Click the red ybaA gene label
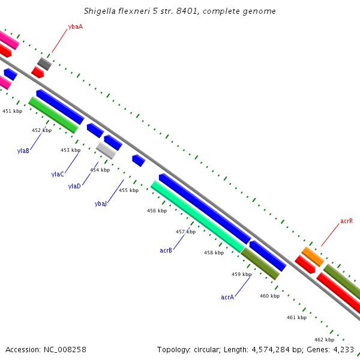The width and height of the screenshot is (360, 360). tap(76, 26)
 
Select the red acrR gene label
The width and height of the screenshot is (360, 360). tap(346, 221)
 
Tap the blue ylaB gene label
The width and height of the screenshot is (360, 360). tap(23, 151)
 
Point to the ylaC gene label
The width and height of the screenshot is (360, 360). tap(58, 174)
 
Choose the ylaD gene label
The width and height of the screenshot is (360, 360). tap(74, 187)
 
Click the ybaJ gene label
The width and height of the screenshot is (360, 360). tap(101, 204)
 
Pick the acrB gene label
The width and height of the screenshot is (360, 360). tap(166, 250)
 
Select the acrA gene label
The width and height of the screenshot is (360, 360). tap(227, 297)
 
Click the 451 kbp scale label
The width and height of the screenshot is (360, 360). tap(12, 111)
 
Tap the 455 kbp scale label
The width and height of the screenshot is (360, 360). tap(128, 190)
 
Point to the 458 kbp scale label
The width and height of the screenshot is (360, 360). tap(214, 253)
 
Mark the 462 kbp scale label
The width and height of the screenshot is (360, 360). tap(324, 340)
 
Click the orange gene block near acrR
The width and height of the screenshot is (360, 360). tap(313, 256)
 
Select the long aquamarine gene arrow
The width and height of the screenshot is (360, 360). tap(197, 217)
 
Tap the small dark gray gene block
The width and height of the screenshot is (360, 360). tap(44, 64)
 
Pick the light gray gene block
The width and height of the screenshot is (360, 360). tap(106, 150)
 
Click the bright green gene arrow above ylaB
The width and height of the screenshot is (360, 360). tap(53, 115)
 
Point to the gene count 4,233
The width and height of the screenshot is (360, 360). tap(343, 349)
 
